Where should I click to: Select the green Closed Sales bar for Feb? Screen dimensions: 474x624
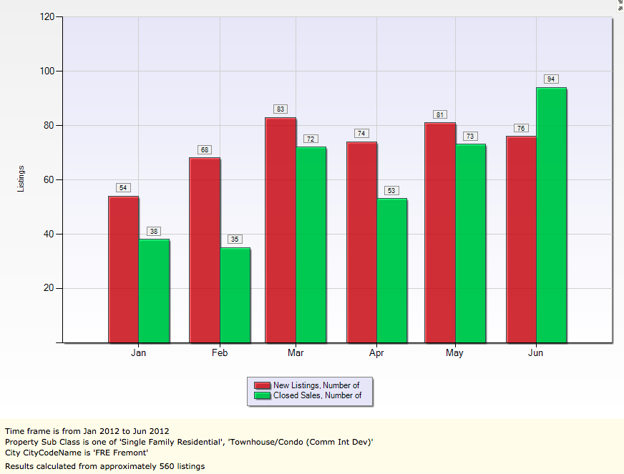pos(235,295)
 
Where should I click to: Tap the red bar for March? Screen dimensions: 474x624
pos(281,229)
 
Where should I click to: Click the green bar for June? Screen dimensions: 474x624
pos(551,214)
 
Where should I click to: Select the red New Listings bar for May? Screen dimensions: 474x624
pos(439,232)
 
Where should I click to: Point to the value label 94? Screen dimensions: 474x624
pos(551,79)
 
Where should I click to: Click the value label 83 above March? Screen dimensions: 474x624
pos(281,109)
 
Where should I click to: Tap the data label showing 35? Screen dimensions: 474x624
pos(235,239)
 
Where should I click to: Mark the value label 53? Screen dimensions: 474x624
pos(391,190)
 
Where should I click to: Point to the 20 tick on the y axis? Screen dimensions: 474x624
pos(50,288)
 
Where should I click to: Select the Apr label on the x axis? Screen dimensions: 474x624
pos(376,353)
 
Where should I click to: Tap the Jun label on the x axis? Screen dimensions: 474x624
pos(535,353)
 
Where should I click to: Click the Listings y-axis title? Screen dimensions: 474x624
pos(21,179)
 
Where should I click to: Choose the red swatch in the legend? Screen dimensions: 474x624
pos(263,385)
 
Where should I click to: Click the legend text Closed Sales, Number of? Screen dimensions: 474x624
pos(317,395)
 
